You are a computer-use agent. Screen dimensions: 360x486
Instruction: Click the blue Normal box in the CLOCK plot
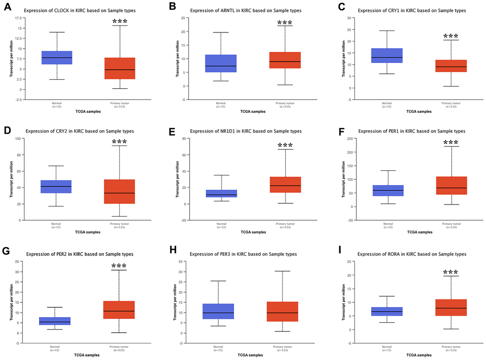pos(57,57)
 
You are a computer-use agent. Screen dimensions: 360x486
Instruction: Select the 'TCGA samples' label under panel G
pos(87,355)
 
